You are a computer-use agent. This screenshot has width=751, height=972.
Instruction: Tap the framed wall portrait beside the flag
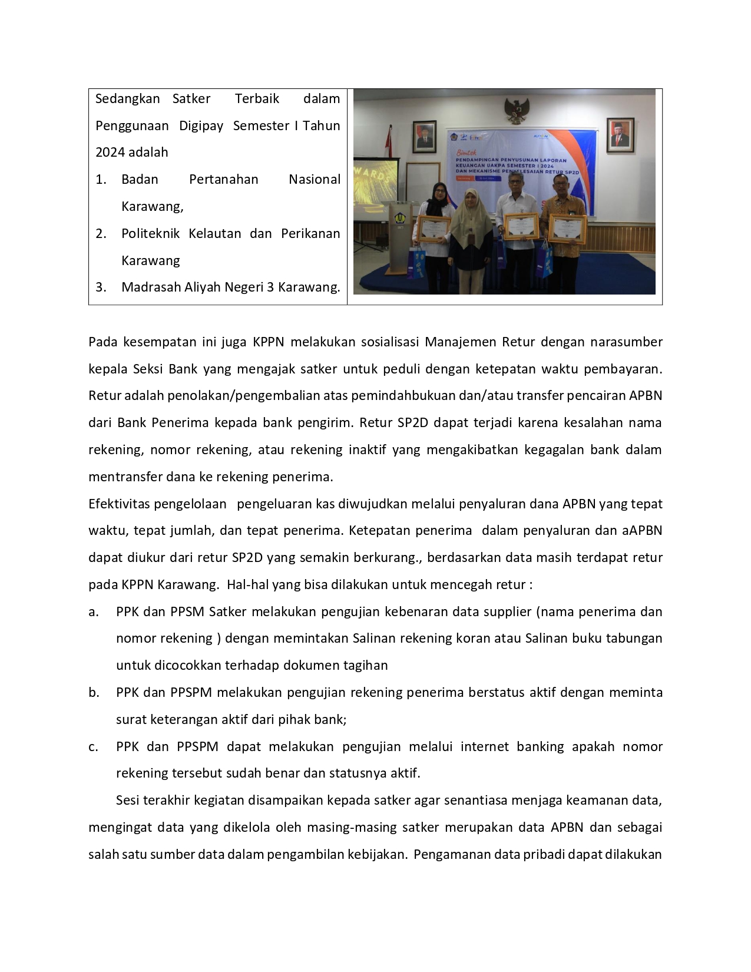click(x=424, y=137)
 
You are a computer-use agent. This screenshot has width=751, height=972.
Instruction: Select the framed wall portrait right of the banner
click(x=620, y=135)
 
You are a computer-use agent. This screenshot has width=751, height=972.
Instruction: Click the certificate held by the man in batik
click(x=567, y=229)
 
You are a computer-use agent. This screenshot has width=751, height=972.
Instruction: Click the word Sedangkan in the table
click(x=127, y=99)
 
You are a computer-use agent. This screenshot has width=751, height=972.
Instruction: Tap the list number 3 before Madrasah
click(x=101, y=287)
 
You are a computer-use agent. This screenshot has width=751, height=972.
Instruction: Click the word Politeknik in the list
click(x=150, y=234)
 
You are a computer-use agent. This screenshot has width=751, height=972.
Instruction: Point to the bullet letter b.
click(x=93, y=693)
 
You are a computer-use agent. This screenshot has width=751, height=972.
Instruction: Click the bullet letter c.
click(x=93, y=747)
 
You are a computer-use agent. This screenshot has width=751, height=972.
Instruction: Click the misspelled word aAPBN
click(x=642, y=531)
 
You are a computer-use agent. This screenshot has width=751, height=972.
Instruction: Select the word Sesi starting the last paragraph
click(x=129, y=801)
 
